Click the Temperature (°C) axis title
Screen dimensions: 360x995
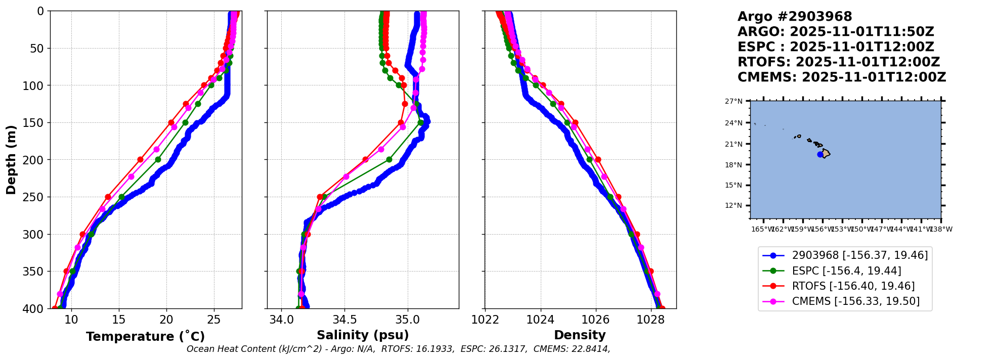[145, 337]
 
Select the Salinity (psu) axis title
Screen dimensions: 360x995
[363, 335]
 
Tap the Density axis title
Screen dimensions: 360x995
[580, 335]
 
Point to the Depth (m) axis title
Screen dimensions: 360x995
[11, 159]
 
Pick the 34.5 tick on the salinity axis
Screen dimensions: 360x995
[344, 320]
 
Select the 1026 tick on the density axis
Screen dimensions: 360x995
[595, 320]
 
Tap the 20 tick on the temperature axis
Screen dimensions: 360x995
[166, 320]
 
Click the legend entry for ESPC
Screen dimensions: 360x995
[846, 271]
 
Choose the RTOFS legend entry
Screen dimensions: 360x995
[853, 286]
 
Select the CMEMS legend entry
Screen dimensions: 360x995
[855, 301]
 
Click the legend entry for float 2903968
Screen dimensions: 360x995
[859, 255]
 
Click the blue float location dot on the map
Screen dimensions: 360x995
[820, 155]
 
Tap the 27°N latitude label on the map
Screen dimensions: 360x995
[733, 101]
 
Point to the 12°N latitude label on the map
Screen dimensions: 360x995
[733, 205]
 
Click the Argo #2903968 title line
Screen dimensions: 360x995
[794, 17]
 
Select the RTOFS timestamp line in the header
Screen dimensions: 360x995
[838, 62]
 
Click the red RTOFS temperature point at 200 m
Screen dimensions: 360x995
[140, 160]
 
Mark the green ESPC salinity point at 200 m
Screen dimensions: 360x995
[389, 160]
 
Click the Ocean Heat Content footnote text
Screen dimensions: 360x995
[398, 349]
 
